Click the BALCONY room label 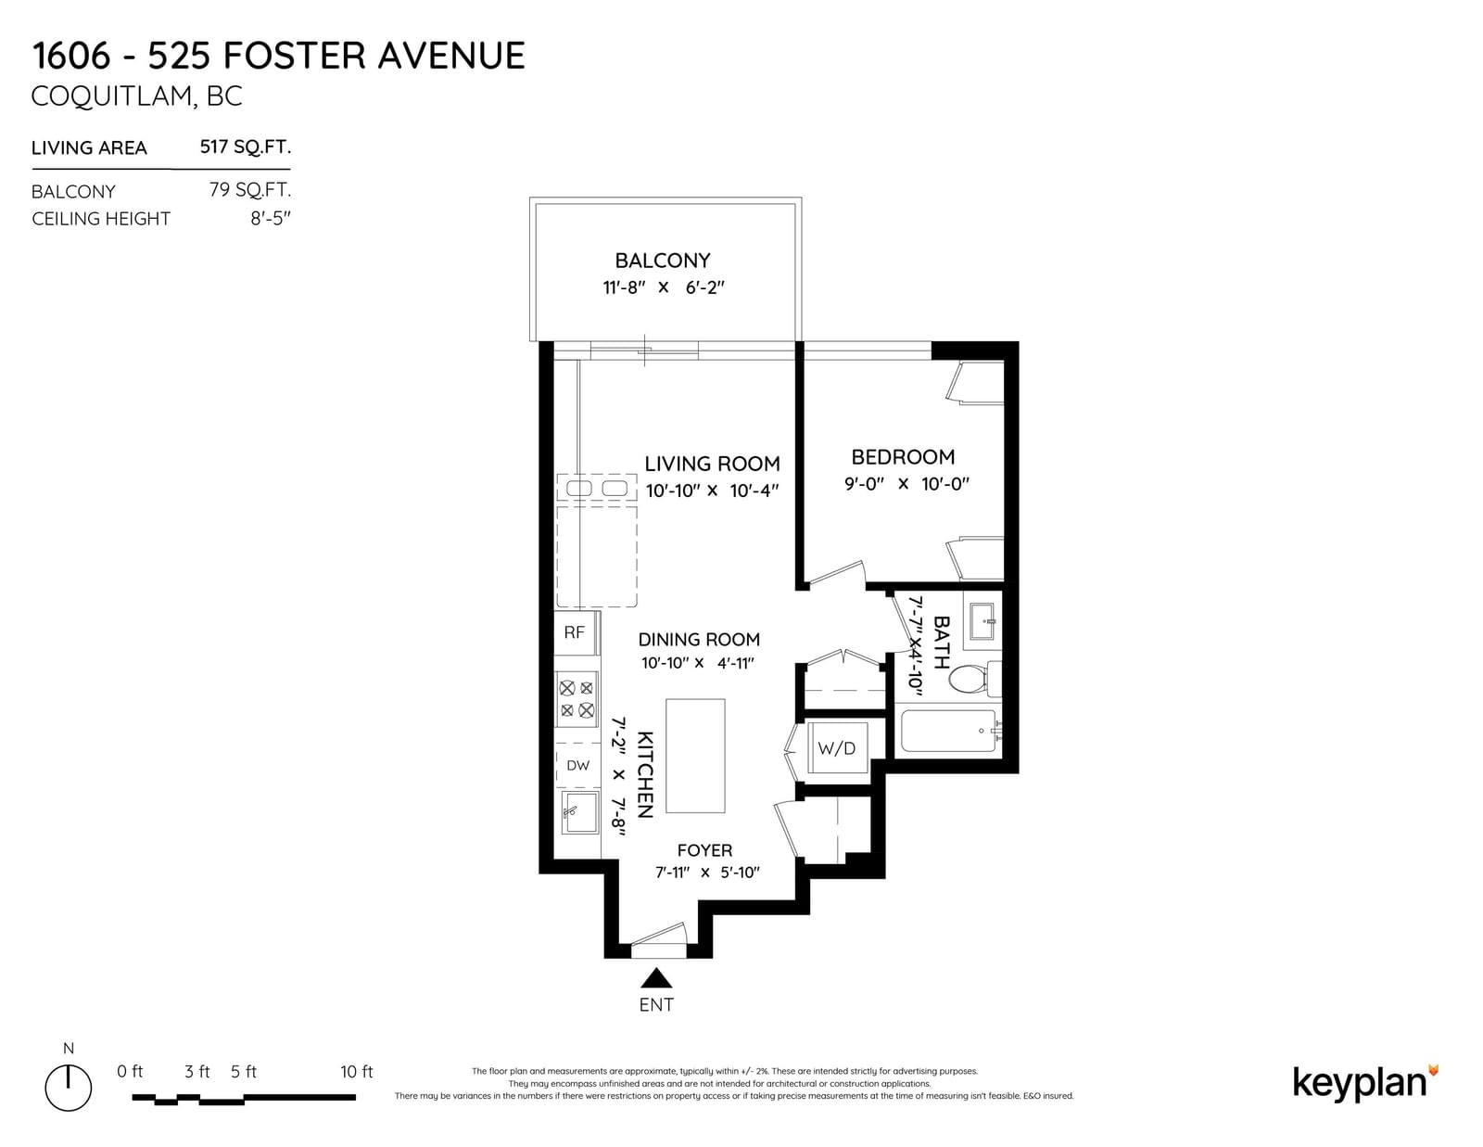pos(662,261)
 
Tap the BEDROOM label pos(902,457)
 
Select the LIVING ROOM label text pos(712,464)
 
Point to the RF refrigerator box pos(577,632)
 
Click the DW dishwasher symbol pos(577,765)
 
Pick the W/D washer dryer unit pos(837,747)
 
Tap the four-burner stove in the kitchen pos(577,699)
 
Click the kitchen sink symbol pos(579,811)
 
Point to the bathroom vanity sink pos(982,621)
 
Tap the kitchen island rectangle pos(695,756)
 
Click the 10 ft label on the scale pos(356,1072)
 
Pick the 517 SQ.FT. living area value pos(245,147)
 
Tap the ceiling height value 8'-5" pos(271,219)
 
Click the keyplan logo pos(1365,1082)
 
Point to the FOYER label pos(704,850)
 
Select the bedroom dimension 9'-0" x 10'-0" pos(906,484)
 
